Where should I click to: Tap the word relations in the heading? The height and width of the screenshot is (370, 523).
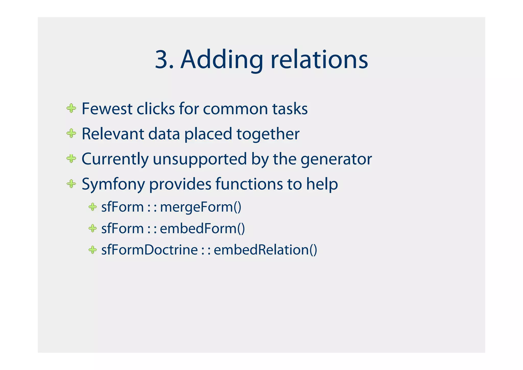coord(319,60)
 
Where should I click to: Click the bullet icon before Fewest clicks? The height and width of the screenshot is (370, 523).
coord(71,108)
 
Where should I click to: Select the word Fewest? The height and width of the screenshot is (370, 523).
coord(107,109)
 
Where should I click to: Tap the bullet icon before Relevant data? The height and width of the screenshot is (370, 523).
coord(71,133)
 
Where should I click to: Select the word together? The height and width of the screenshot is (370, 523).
coord(268,134)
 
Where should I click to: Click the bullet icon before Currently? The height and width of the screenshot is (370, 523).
coord(71,159)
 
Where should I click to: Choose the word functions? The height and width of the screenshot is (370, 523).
coord(249,184)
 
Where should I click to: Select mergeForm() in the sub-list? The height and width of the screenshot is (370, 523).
coord(200,207)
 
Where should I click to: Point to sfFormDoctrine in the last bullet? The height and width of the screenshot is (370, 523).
coord(149,250)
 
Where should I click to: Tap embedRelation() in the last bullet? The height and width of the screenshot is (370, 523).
coord(265,250)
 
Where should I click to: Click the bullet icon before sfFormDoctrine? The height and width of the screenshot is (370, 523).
coord(92,250)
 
